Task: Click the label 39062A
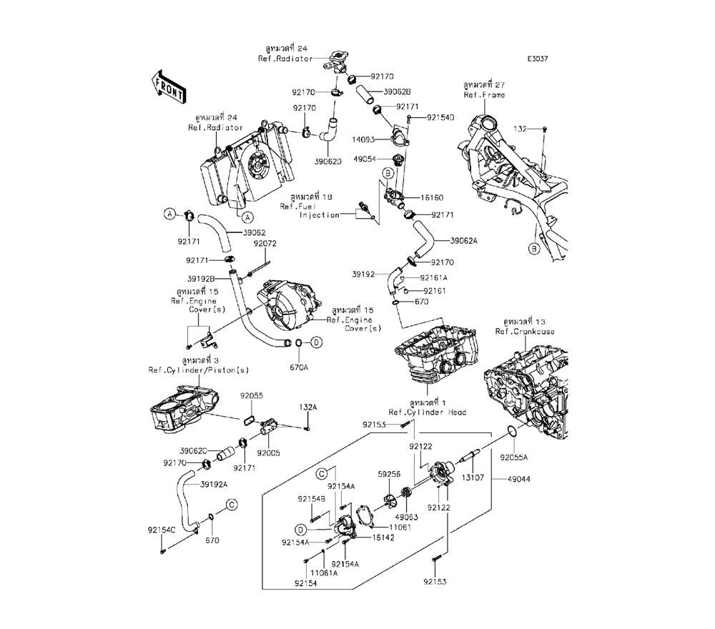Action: click(464, 240)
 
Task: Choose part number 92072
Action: click(265, 244)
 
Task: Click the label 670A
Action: click(298, 367)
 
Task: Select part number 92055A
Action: click(514, 457)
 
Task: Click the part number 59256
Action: click(389, 473)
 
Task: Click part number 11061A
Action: click(324, 573)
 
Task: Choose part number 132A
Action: click(307, 406)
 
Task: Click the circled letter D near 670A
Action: click(315, 343)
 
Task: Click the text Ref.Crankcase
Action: click(525, 332)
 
